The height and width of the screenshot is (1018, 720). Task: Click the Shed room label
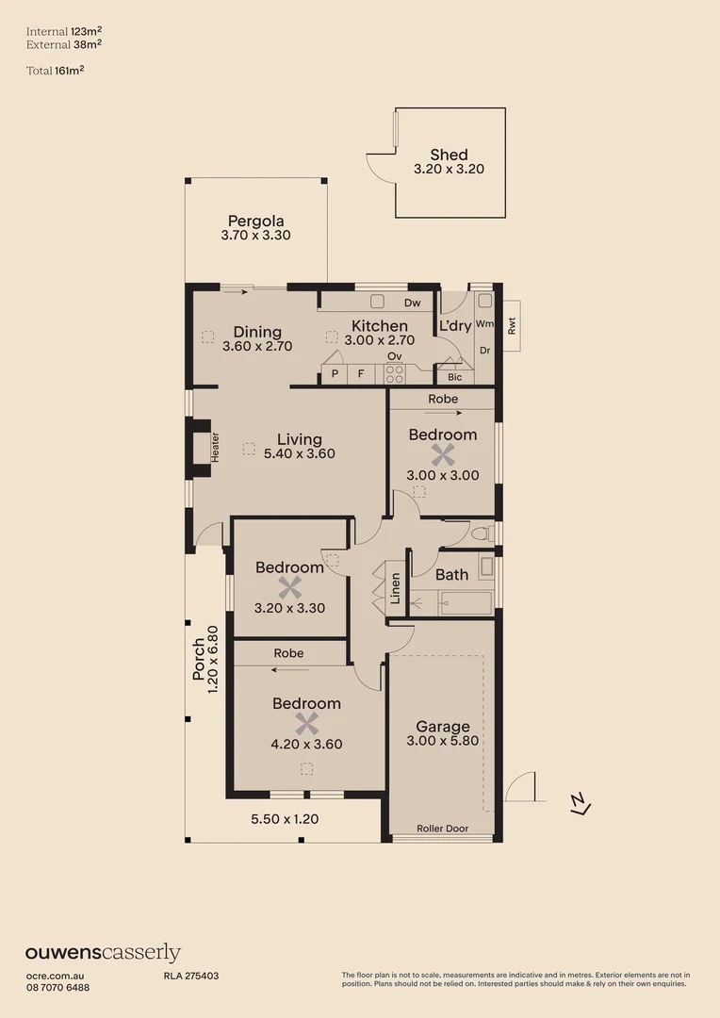click(x=449, y=155)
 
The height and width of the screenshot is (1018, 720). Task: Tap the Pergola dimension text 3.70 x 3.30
click(x=255, y=236)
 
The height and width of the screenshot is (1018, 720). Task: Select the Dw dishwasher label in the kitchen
click(x=412, y=304)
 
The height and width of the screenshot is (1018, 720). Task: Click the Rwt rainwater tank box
click(x=512, y=326)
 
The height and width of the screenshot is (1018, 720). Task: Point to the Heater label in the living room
click(x=215, y=446)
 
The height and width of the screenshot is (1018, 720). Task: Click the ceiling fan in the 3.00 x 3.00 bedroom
click(x=442, y=455)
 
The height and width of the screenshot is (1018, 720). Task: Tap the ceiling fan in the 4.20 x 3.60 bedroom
click(x=306, y=724)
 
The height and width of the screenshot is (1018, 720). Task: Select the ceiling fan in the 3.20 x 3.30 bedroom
click(x=289, y=588)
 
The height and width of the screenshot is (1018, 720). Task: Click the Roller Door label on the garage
click(x=443, y=829)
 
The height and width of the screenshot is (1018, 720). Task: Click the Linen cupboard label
click(x=396, y=588)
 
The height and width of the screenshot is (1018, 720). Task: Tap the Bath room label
click(x=451, y=574)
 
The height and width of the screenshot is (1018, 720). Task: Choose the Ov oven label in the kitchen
click(x=395, y=355)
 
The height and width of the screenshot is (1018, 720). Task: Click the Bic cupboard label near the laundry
click(x=455, y=377)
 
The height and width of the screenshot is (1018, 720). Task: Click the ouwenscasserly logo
click(x=103, y=953)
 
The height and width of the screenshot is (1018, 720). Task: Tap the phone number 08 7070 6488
click(x=57, y=987)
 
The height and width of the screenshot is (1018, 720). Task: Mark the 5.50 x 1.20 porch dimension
click(x=285, y=819)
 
